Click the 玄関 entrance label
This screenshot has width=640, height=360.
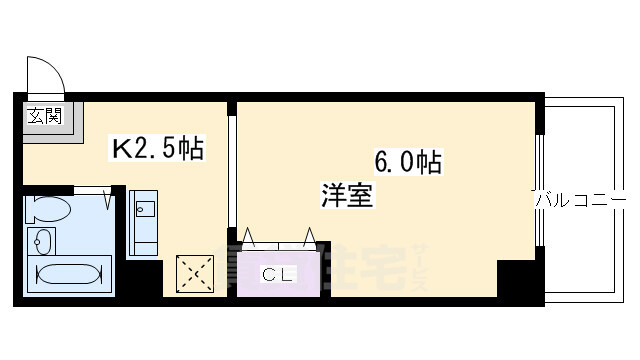[44, 116]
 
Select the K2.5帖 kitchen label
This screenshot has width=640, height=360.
[157, 150]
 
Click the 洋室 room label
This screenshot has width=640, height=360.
[346, 196]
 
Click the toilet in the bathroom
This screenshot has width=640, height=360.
[49, 210]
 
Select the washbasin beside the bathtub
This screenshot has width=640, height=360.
[43, 241]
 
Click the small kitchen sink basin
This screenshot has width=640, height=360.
[144, 209]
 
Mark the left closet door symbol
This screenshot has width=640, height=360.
[250, 240]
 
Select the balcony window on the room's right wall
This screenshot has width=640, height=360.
[541, 190]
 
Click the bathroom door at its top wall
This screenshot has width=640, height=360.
[92, 188]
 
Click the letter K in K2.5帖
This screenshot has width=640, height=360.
[120, 150]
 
